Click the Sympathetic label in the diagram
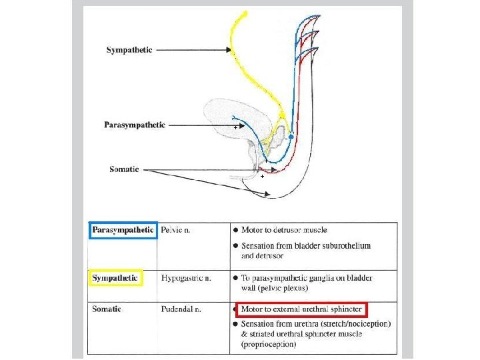click(129, 50)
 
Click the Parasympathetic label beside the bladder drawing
click(135, 125)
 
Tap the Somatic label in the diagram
click(125, 169)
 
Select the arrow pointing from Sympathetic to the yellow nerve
click(193, 50)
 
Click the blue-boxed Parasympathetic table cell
click(123, 231)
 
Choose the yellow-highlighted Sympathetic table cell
click(115, 277)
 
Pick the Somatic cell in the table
click(107, 309)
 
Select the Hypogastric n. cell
click(186, 277)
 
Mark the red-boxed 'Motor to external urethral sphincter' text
click(301, 309)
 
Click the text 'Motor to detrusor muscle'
click(284, 230)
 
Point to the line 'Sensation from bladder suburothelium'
click(306, 245)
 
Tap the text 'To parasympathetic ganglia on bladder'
click(307, 277)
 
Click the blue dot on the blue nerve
click(291, 137)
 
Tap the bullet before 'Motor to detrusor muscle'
click(235, 230)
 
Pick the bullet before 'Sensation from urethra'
click(235, 323)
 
